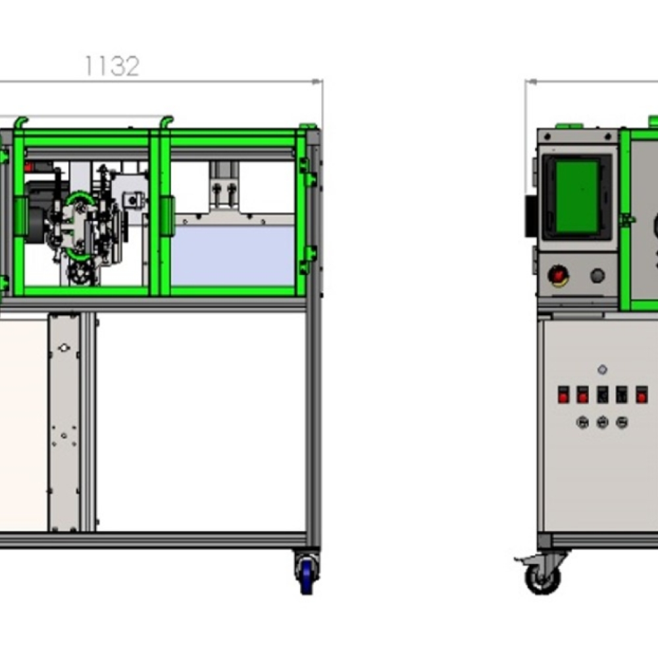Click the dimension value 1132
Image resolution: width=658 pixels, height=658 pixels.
112,66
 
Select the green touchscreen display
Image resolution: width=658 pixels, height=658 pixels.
576,196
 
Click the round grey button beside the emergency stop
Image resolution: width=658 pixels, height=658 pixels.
597,276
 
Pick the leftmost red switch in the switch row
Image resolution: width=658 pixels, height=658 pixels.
563,395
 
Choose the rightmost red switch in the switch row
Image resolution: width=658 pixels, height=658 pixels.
642,395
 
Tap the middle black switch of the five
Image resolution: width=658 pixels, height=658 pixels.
602,395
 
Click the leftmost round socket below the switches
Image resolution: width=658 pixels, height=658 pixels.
582,422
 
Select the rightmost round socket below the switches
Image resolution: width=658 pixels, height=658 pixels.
622,422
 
